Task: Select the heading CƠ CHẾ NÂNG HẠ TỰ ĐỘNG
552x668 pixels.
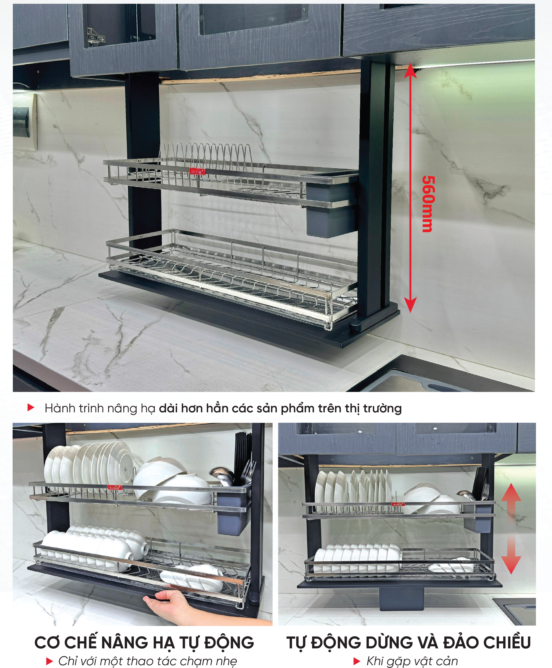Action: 144,642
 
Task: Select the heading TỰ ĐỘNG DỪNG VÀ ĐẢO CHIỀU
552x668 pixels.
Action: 409,642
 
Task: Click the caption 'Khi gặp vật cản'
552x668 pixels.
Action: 412,661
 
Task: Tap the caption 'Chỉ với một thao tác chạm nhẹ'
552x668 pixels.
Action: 148,661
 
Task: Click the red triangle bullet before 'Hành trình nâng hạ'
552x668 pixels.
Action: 31,408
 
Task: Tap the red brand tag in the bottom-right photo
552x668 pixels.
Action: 398,504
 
